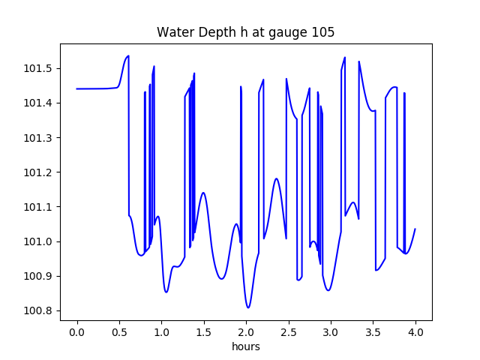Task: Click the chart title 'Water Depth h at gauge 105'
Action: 245,32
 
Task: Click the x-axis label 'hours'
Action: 245,347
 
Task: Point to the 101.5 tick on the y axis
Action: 39,68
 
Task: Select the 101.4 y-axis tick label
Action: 39,103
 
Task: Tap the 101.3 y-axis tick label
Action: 39,137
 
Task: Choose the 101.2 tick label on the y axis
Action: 39,172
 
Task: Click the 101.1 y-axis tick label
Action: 39,207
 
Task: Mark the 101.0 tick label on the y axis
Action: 39,241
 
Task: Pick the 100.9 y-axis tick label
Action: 39,276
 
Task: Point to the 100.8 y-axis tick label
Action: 39,310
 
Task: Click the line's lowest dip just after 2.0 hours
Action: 248,307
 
